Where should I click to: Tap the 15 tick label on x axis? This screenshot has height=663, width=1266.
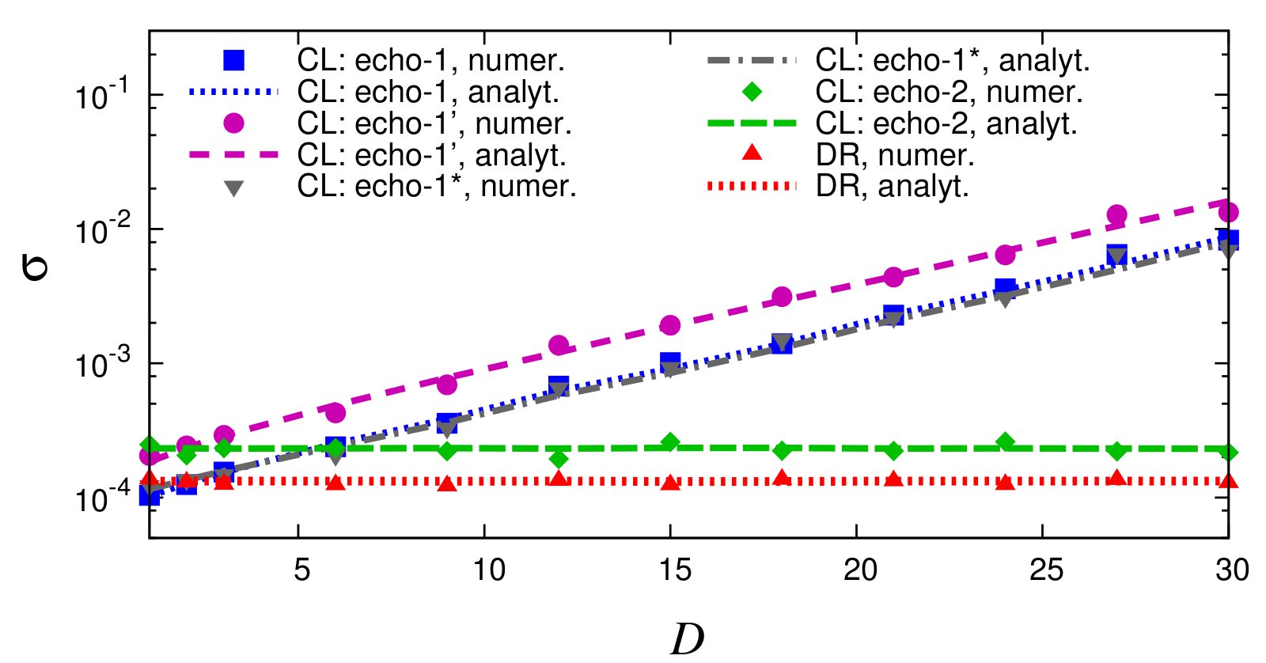click(x=674, y=569)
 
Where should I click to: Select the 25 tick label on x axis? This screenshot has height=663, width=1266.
click(x=1046, y=569)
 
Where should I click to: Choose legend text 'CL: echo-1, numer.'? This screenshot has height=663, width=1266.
click(x=430, y=60)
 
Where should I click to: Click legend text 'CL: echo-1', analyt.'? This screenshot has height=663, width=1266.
click(x=431, y=155)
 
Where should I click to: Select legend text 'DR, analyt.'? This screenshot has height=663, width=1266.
click(x=892, y=187)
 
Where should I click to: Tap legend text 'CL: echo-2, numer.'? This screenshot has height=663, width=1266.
click(x=948, y=92)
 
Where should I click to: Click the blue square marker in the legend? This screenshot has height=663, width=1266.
click(x=233, y=60)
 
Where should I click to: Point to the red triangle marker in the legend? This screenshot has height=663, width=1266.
click(x=752, y=153)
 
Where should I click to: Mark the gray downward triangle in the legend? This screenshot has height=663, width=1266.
click(x=233, y=188)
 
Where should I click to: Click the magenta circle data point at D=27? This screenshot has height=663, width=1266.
click(x=1116, y=214)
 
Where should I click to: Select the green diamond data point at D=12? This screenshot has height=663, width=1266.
click(x=559, y=459)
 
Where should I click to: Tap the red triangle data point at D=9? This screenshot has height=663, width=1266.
click(x=447, y=484)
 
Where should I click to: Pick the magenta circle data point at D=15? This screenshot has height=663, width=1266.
click(x=670, y=325)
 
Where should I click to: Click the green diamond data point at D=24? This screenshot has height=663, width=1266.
click(x=1005, y=441)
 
